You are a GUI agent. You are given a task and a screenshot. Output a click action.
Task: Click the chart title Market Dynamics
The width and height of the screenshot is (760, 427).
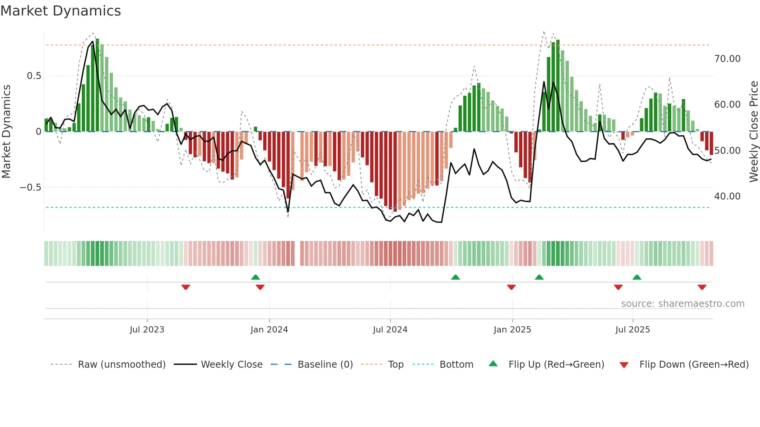coord(60,11)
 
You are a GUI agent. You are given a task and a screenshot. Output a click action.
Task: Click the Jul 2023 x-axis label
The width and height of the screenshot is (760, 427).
coord(147,330)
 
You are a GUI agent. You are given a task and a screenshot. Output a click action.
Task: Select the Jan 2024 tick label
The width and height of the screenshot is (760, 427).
coord(269,330)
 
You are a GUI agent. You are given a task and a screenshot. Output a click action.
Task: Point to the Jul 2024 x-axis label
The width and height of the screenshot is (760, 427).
coord(390,330)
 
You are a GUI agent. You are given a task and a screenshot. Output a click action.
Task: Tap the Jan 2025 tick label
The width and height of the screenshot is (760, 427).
coord(512,330)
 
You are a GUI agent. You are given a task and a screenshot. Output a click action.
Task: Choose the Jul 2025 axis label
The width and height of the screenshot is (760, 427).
coord(632,330)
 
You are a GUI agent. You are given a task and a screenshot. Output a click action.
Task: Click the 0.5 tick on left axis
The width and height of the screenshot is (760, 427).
coord(34,76)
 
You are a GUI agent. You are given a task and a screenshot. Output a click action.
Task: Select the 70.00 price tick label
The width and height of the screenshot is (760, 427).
coord(727,59)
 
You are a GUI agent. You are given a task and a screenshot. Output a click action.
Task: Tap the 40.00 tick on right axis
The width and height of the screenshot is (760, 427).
coord(727,196)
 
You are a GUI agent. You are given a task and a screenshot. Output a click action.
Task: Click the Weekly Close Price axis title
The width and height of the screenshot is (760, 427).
coord(753,132)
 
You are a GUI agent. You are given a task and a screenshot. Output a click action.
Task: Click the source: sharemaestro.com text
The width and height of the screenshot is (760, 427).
coord(682,304)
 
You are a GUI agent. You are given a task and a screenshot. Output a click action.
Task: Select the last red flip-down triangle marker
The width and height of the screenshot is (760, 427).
coord(702,287)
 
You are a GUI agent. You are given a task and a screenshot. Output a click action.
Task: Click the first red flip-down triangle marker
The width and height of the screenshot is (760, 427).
coord(186,287)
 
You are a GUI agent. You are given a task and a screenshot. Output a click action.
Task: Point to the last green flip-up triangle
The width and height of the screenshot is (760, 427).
coord(637,277)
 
